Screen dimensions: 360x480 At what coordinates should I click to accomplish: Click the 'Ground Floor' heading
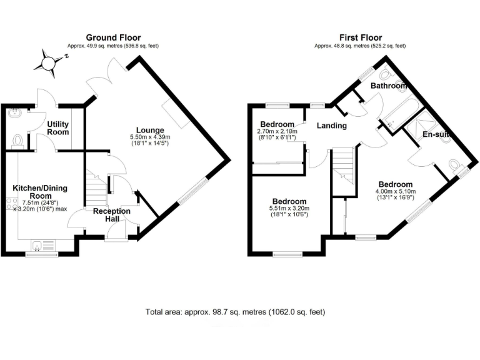(113, 37)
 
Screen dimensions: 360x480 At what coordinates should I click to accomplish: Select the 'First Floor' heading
(360, 37)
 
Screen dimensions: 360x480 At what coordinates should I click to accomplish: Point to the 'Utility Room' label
(58, 129)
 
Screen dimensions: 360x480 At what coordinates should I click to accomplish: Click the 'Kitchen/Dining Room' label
(40, 192)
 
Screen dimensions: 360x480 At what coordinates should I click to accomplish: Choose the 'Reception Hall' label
(112, 215)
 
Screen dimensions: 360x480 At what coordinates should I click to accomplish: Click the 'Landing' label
(331, 126)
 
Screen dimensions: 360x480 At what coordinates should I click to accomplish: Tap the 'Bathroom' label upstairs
(389, 85)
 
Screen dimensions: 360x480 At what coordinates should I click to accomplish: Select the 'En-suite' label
(436, 134)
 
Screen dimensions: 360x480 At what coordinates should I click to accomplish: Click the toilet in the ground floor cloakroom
(17, 140)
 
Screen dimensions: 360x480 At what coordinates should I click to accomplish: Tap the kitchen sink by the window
(41, 246)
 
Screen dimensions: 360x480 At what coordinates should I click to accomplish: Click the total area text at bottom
(235, 311)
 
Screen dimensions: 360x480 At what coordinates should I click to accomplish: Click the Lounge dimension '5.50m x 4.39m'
(150, 137)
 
